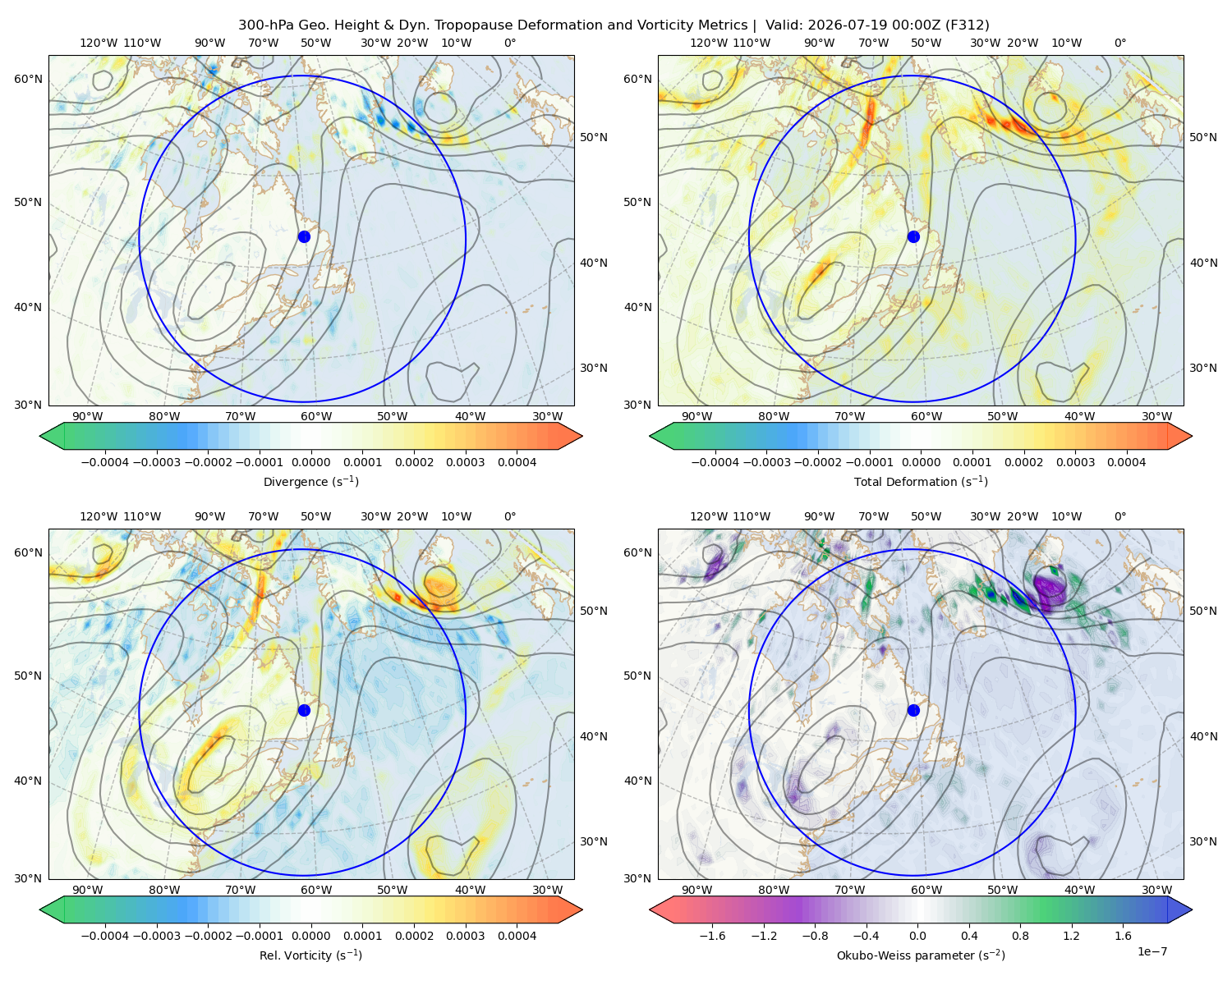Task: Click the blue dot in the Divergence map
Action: pos(304,236)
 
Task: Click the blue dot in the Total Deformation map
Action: pos(913,236)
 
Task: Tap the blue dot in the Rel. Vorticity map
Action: pos(304,710)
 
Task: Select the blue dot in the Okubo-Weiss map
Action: pos(913,710)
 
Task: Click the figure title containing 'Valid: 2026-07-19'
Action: pos(614,25)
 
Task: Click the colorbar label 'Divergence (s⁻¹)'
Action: pos(310,481)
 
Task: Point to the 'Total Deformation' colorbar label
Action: pos(921,481)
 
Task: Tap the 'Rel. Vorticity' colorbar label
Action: pos(310,955)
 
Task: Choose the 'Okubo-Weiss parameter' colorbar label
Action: pos(921,955)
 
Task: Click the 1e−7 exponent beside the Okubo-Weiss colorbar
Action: pos(1152,951)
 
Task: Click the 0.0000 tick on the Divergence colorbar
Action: pos(310,462)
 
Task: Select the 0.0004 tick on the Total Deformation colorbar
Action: pos(1126,462)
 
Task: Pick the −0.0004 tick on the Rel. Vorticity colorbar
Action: pos(105,936)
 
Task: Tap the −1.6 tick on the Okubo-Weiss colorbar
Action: pos(712,936)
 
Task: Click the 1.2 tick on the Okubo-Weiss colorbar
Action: pos(1071,936)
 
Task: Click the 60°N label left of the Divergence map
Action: pos(28,79)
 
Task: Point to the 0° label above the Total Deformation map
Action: pos(1120,43)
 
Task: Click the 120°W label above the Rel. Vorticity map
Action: pos(99,516)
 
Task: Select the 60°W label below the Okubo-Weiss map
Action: pos(926,890)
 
